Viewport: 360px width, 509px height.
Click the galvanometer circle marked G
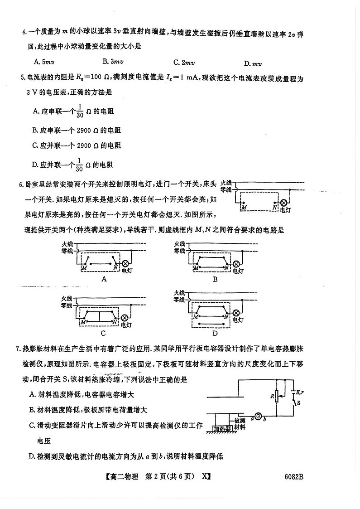[258, 416]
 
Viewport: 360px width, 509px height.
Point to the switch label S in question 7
[300, 403]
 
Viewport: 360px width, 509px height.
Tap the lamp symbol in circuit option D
[235, 313]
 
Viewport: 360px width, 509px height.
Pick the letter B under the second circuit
[215, 280]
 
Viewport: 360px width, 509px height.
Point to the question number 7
[18, 349]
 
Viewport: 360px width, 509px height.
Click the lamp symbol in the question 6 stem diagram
[284, 203]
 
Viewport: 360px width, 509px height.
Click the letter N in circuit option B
[226, 268]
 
